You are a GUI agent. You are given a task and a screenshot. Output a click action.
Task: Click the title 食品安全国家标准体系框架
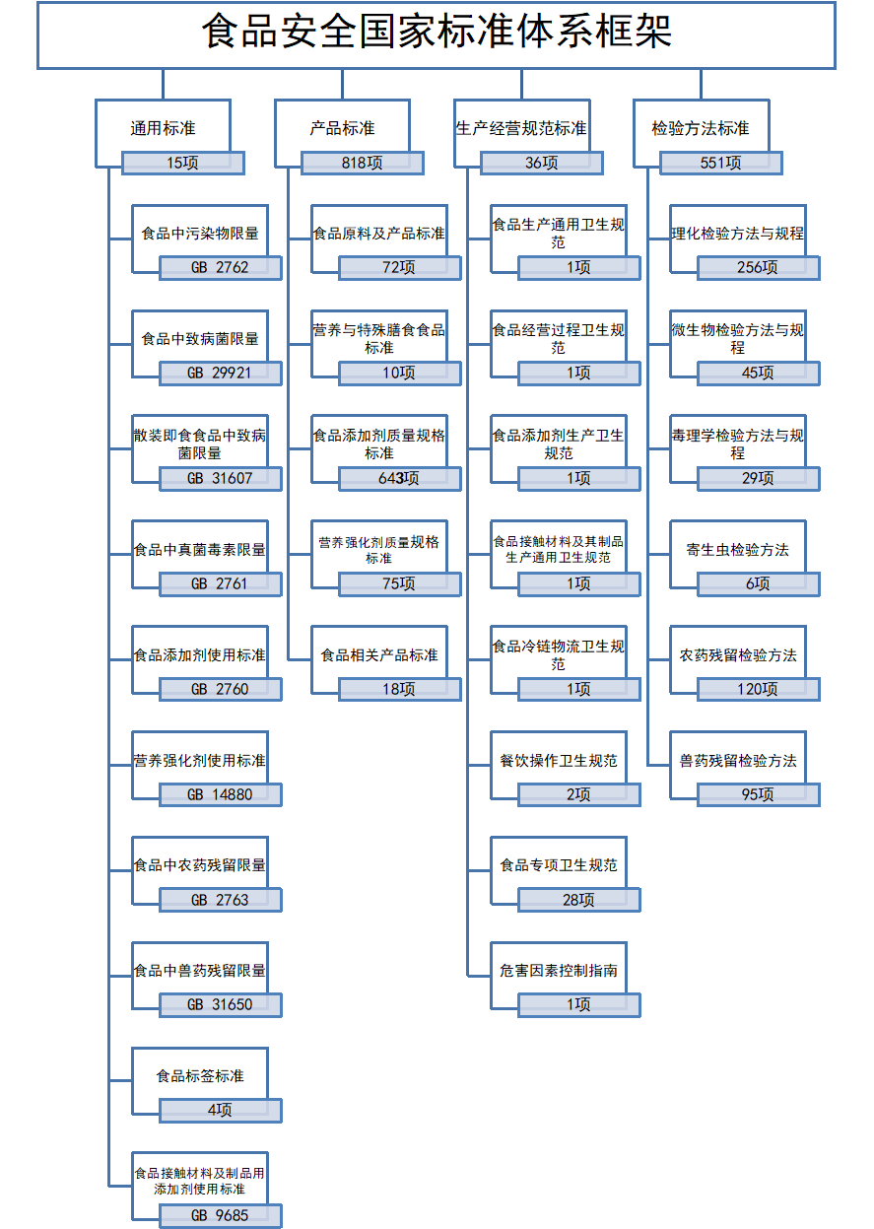437,32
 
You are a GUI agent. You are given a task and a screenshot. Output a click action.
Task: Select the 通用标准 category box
163,133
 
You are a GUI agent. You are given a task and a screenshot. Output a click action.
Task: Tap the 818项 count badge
362,163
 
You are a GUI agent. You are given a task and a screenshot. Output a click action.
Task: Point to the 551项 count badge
721,163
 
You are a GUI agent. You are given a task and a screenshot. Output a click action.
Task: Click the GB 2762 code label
221,268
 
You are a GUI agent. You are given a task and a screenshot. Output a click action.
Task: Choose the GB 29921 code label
221,374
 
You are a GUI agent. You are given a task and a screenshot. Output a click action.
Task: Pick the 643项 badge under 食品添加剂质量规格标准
399,478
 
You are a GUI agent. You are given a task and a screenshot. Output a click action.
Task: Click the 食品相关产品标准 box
379,659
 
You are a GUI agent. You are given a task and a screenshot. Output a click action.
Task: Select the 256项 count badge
759,268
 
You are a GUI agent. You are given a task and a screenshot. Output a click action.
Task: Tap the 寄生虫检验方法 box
738,554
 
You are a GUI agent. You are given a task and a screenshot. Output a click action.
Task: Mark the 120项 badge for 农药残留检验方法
759,689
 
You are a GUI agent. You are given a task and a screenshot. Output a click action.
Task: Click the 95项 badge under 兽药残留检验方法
759,794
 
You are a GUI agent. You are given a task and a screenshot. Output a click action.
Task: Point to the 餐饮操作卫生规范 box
559,765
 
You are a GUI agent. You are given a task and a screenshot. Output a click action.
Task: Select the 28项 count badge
578,900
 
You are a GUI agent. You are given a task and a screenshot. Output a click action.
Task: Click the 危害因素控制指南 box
559,976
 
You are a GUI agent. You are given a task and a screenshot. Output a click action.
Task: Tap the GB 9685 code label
221,1215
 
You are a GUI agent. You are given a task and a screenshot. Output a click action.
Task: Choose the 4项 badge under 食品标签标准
221,1111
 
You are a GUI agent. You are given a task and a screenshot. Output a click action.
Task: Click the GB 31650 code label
221,1005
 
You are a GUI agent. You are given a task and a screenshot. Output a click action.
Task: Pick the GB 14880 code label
221,794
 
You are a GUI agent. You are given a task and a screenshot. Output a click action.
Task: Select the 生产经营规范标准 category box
522,133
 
